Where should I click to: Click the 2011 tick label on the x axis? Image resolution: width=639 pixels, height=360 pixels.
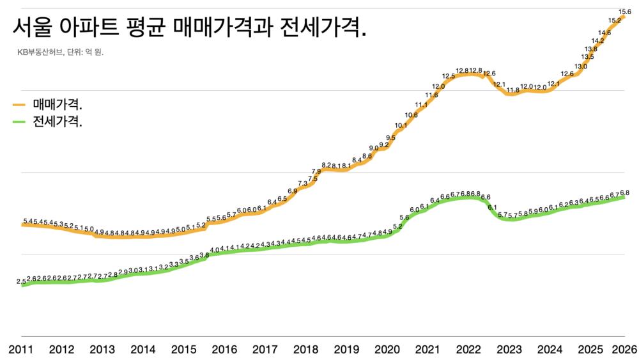pos(22,349)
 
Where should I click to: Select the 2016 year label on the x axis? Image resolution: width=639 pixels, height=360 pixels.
pos(224,349)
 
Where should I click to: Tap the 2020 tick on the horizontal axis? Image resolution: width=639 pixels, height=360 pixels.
pos(387,349)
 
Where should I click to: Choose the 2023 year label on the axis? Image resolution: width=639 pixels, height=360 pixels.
pos(509,349)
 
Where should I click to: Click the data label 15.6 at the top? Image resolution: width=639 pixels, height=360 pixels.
pos(625,12)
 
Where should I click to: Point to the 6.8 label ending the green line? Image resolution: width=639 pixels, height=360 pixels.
pos(625,192)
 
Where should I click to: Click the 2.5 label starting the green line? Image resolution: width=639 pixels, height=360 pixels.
pos(22,281)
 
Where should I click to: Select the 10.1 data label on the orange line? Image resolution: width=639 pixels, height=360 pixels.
pos(401,125)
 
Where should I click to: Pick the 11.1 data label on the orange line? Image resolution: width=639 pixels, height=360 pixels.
pos(421,105)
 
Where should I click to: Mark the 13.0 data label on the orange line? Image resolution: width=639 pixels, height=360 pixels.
pos(581,67)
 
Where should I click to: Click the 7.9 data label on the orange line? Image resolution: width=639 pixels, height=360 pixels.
pos(316,171)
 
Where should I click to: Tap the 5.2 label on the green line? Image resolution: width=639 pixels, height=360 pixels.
pos(397,226)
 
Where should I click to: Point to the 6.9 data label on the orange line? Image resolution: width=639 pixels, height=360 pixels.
pos(292,191)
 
